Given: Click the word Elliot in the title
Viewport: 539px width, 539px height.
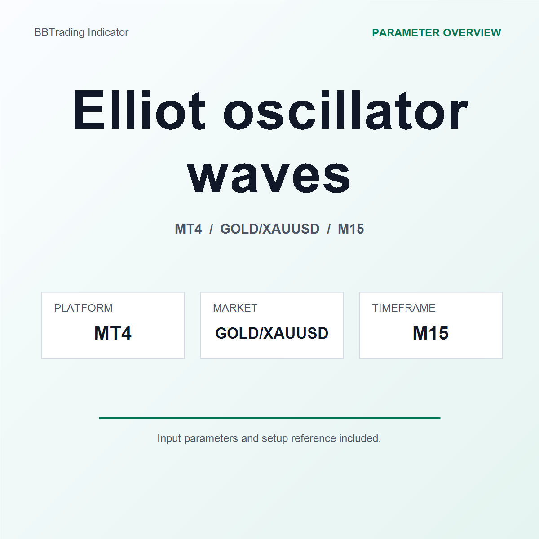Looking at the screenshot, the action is (x=139, y=110).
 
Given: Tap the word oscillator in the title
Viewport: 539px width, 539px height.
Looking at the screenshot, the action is (x=345, y=110).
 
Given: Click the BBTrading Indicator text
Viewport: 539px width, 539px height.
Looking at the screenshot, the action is (x=81, y=32).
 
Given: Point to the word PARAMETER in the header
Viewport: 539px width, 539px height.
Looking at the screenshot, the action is (x=406, y=33).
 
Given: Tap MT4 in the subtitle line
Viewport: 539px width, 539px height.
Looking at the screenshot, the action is (x=188, y=229).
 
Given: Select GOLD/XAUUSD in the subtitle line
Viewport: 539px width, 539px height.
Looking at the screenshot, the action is (x=269, y=229).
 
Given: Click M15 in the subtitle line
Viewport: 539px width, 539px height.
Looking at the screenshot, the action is (x=351, y=229).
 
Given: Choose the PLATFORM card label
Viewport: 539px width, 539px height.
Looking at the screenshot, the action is (x=83, y=308).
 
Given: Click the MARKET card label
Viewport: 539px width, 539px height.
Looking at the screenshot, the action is (x=235, y=308).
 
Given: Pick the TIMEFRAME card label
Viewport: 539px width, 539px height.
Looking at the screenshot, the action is (x=403, y=308).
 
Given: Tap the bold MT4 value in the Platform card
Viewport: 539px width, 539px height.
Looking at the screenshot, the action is (x=113, y=333).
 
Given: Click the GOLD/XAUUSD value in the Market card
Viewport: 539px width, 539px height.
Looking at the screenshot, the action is (x=272, y=333).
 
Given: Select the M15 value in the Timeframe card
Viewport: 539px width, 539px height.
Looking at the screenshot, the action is (x=430, y=333).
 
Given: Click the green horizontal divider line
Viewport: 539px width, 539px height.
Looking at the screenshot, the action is (x=269, y=418).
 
